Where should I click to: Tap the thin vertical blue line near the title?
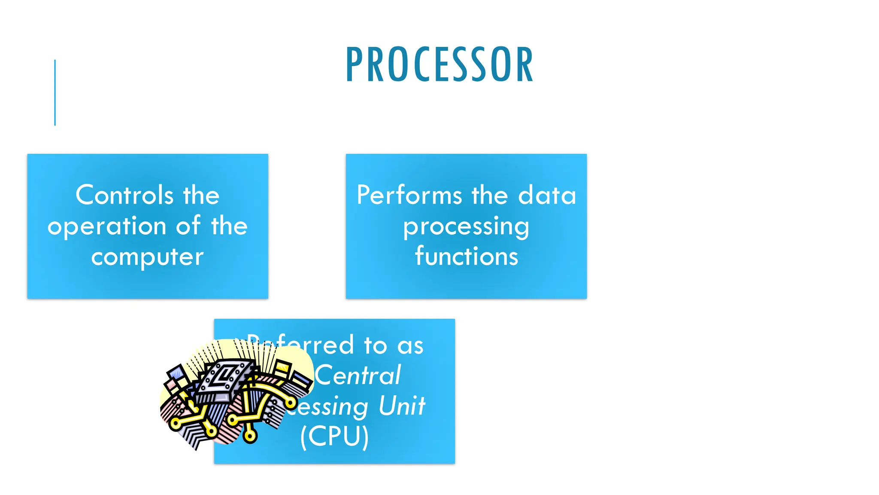click(55, 92)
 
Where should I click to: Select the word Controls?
click(124, 195)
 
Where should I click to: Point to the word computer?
click(147, 257)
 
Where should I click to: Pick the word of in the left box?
click(188, 226)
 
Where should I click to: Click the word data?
click(547, 195)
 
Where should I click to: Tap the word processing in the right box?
click(466, 227)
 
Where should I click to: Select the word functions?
click(467, 257)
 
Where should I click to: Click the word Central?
click(358, 375)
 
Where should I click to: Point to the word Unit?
click(402, 406)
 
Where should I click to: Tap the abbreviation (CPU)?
click(334, 437)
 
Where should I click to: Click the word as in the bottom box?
click(410, 345)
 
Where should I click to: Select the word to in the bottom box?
click(375, 345)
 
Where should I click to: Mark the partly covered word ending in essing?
click(328, 406)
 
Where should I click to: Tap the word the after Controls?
click(201, 195)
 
